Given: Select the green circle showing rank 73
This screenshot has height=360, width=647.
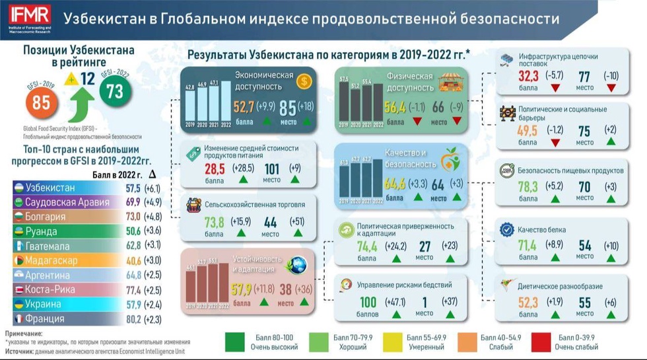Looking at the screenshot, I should click(x=115, y=92).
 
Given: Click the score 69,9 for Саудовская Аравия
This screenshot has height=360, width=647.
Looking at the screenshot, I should click(x=133, y=202).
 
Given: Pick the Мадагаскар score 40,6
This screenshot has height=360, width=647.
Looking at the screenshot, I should click(x=133, y=260).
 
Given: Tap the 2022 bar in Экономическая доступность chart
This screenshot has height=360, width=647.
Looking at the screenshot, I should click(x=226, y=102).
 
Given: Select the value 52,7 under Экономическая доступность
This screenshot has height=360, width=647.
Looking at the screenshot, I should click(x=244, y=108).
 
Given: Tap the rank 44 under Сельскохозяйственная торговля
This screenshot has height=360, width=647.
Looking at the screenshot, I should click(x=271, y=222).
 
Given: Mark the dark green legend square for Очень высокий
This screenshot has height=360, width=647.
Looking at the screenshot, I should click(x=236, y=342).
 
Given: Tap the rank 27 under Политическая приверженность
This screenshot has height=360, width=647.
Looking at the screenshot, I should click(x=425, y=246).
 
